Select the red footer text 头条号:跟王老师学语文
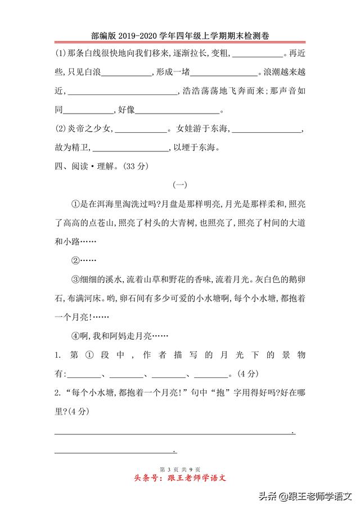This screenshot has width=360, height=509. pyautogui.click(x=179, y=479)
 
